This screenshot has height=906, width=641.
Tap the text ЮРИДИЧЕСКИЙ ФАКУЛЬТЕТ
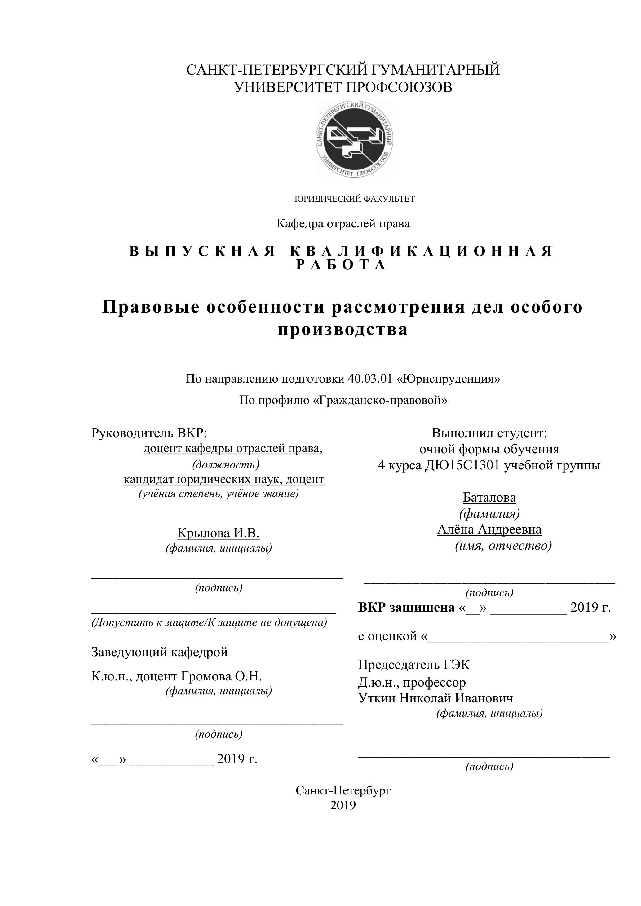click(355, 199)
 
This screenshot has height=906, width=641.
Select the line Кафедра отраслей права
click(343, 224)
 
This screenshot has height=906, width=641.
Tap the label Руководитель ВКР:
click(149, 433)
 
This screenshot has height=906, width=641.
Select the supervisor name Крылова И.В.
click(218, 533)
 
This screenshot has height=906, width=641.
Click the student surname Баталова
click(489, 498)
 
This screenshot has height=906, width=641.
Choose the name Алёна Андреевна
click(489, 529)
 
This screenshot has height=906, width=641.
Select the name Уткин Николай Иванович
click(435, 698)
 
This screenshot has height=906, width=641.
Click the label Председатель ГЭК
click(414, 665)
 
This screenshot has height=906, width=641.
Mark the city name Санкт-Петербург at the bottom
click(343, 790)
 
